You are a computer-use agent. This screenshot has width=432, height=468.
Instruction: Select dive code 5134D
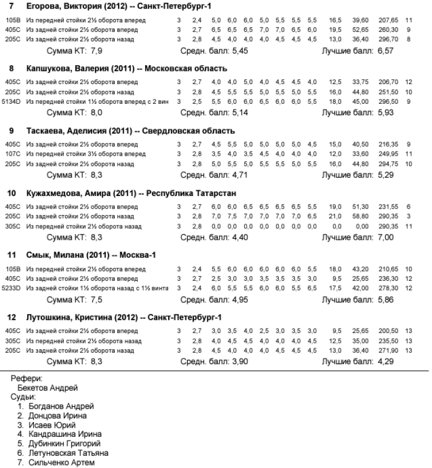point(11,100)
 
